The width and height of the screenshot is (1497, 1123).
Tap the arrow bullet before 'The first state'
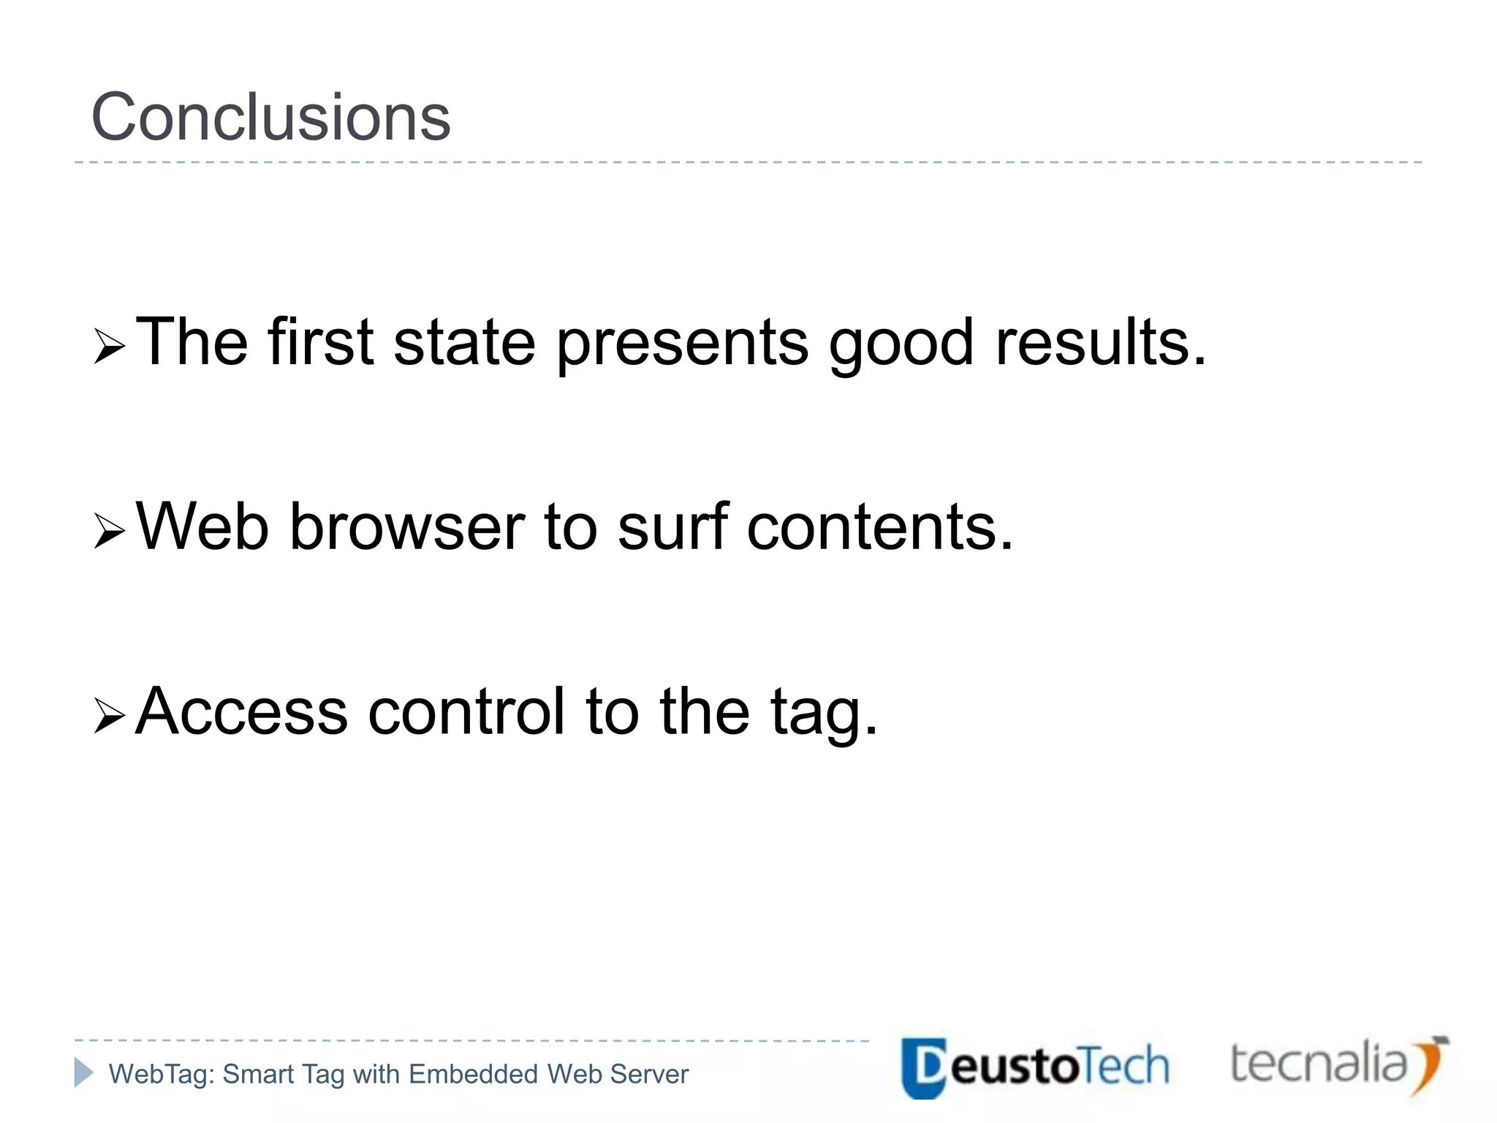pos(110,346)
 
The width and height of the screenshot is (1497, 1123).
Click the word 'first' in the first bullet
pos(321,342)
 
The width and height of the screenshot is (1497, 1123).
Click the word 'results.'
pos(1101,342)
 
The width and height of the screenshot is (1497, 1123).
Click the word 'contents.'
pos(880,528)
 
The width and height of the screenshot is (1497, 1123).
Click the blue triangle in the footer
pos(83,1073)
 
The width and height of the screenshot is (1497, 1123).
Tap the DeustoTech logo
pos(1035,1067)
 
